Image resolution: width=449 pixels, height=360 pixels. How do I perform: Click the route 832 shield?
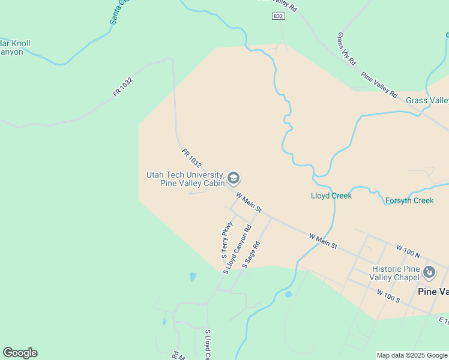pos(277,16)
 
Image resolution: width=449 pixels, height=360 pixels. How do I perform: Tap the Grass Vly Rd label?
pos(347,49)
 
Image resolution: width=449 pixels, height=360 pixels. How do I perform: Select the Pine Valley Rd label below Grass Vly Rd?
pos(379,85)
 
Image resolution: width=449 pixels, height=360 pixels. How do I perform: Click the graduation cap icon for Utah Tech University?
pos(234,178)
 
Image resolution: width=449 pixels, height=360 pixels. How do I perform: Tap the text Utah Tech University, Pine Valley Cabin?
pos(185,179)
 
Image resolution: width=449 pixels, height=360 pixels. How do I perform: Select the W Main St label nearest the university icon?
pos(249,202)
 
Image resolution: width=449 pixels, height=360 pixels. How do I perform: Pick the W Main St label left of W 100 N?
pos(324,242)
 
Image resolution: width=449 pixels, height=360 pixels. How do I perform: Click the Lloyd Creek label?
pos(331,196)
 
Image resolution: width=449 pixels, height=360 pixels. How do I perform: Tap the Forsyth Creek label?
pos(409,200)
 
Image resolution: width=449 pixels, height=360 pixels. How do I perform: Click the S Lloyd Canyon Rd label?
pos(237,250)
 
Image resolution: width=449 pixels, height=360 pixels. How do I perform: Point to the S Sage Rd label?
pos(252,254)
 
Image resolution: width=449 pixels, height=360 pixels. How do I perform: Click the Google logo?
pos(20,353)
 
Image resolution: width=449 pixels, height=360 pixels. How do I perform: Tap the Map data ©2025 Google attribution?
pos(412,355)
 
